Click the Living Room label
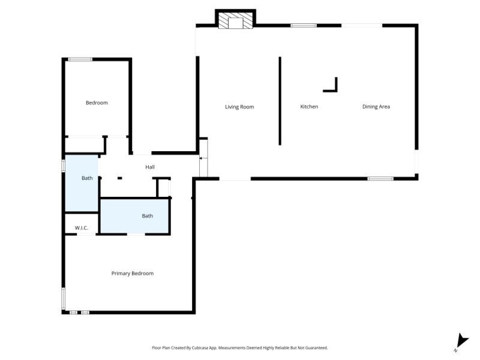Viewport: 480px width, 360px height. [239, 107]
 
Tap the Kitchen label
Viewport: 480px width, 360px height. [309, 107]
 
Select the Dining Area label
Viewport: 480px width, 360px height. [376, 107]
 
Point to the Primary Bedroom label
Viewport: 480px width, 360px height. [133, 274]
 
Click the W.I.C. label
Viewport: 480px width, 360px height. [82, 228]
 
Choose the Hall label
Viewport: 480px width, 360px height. [150, 167]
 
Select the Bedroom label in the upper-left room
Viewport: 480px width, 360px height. [97, 103]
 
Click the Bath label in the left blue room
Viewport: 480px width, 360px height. [87, 178]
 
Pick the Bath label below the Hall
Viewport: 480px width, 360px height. [147, 216]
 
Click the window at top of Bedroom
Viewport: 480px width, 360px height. [80, 59]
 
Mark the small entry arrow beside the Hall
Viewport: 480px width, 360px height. [201, 158]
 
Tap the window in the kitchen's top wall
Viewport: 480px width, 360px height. [304, 25]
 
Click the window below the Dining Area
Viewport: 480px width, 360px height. [380, 178]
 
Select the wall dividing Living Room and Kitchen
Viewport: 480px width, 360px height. [280, 101]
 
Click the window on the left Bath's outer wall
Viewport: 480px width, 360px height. [64, 166]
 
